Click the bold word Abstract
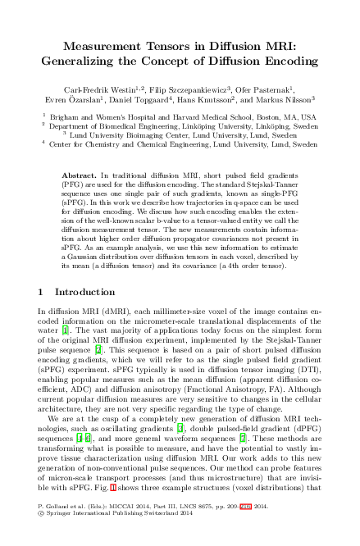click(x=80, y=176)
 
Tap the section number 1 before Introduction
click(x=42, y=292)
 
